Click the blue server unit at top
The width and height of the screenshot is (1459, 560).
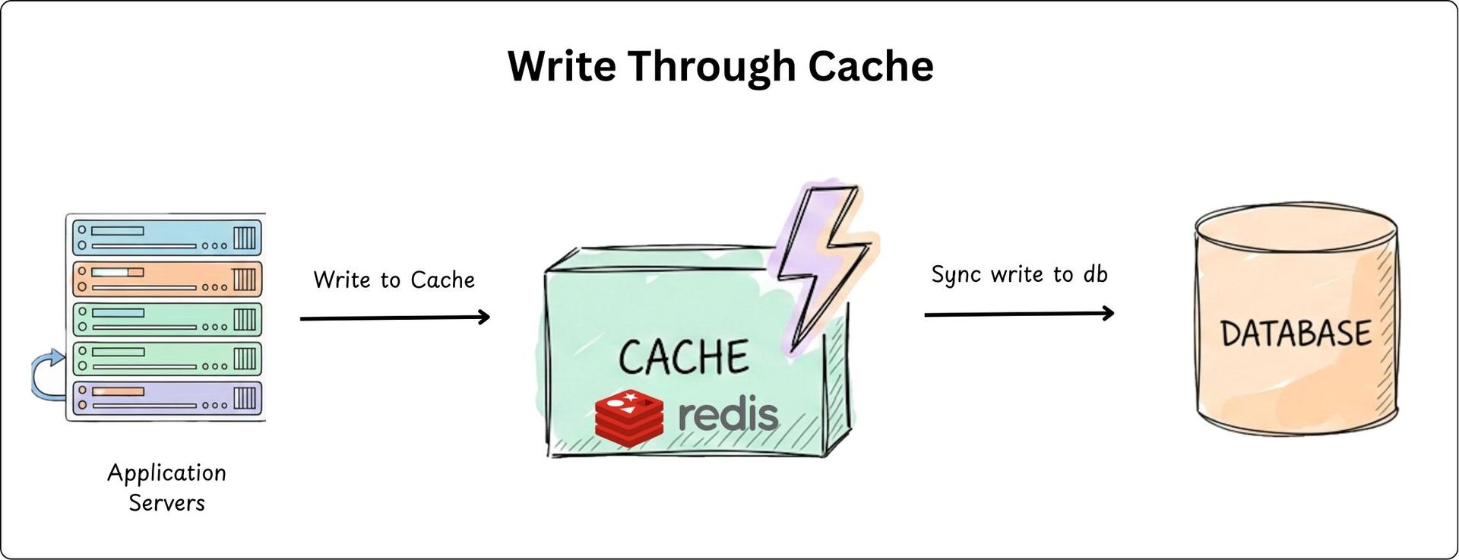point(167,237)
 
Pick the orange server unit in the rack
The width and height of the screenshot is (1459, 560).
point(167,279)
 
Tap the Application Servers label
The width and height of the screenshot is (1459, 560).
point(166,487)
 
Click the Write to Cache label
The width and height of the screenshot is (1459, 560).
point(394,280)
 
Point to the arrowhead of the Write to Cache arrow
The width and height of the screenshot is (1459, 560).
point(485,317)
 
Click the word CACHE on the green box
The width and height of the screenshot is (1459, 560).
point(683,357)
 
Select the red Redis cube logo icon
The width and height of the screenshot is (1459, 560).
point(628,417)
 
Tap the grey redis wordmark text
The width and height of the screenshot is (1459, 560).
point(727,415)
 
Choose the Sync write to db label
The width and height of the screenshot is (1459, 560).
point(1019,274)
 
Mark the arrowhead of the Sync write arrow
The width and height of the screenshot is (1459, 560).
point(1109,312)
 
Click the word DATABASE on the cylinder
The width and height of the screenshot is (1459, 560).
point(1296,333)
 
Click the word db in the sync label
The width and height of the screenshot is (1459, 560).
point(1095,274)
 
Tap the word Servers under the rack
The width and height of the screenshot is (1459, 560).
point(166,503)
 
